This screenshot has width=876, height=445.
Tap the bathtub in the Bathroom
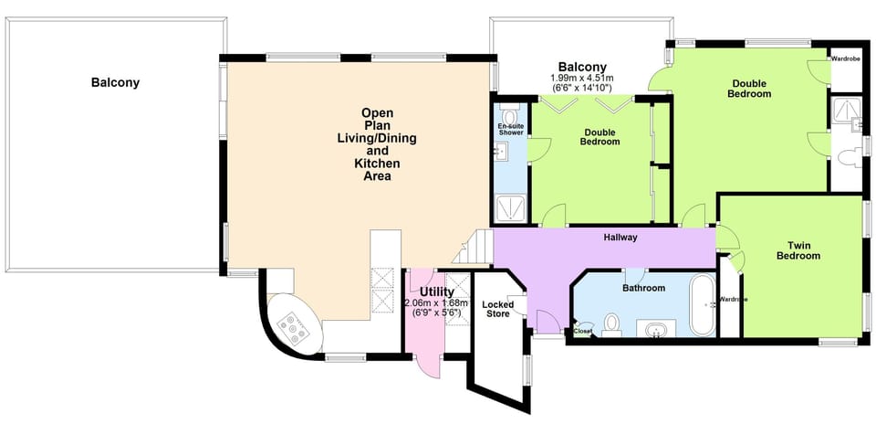[703, 303]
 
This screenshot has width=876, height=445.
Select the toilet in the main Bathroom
[612, 323]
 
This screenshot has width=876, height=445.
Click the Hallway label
[620, 238]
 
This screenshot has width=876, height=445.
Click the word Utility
[437, 291]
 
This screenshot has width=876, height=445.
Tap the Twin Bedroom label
[798, 250]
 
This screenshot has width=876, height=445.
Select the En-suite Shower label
[510, 129]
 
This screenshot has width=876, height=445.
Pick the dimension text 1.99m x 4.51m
[582, 79]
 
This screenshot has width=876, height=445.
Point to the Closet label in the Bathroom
[582, 331]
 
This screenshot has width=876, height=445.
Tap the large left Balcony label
[115, 82]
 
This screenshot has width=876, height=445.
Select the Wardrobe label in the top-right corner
[845, 58]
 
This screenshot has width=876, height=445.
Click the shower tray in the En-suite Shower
[509, 208]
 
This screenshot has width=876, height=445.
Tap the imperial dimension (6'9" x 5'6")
[437, 313]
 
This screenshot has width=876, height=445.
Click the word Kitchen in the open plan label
[377, 164]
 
